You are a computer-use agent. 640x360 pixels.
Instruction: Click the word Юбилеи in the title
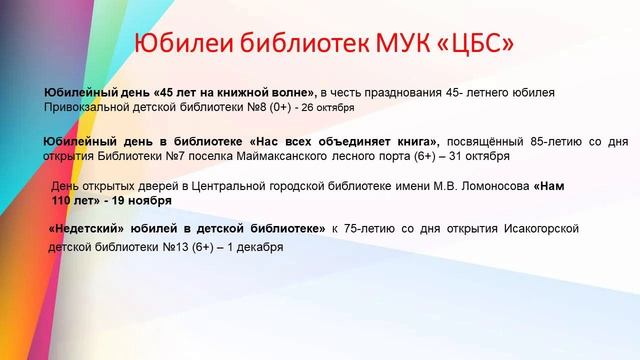(x=183, y=45)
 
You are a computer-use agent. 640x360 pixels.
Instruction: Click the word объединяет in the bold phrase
(x=340, y=142)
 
